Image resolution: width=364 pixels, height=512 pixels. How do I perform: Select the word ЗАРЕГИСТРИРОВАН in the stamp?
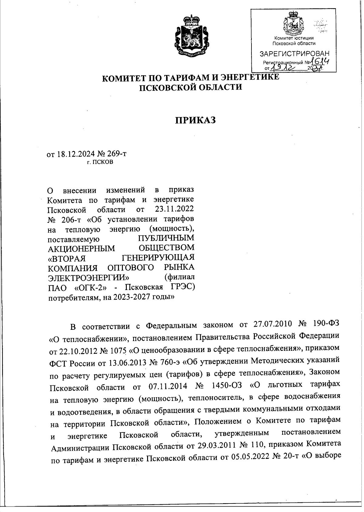click(294, 54)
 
